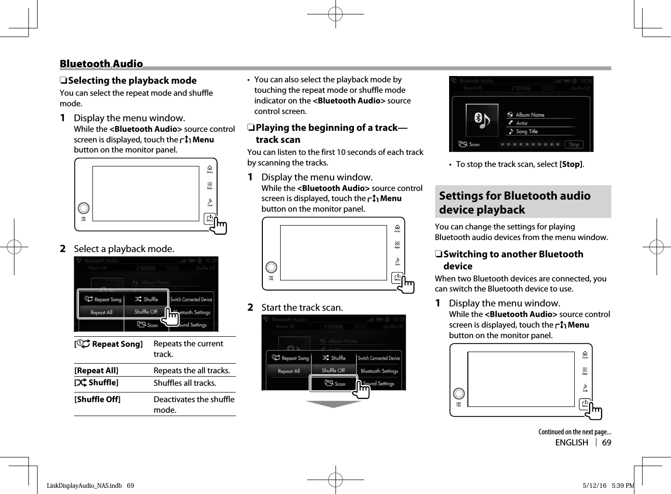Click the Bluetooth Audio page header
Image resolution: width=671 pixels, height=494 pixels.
tap(101, 63)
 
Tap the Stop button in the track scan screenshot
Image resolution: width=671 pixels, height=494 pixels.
tap(574, 144)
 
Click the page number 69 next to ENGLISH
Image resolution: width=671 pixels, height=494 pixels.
tap(606, 443)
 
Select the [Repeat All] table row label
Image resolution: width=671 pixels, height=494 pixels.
tap(96, 370)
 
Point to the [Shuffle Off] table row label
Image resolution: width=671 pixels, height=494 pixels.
tap(97, 399)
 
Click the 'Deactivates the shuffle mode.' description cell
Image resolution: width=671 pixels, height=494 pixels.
tap(194, 404)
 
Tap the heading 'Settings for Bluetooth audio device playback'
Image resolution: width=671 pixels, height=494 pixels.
tap(515, 203)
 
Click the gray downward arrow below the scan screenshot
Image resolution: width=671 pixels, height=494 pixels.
tap(333, 404)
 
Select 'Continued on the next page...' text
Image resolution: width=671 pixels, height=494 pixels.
tap(574, 432)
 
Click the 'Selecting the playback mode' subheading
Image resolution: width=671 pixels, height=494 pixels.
tap(132, 80)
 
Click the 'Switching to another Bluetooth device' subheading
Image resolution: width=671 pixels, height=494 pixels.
tap(513, 260)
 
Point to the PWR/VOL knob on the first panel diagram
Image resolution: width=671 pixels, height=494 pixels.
tap(84, 208)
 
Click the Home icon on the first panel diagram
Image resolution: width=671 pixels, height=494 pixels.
tap(210, 169)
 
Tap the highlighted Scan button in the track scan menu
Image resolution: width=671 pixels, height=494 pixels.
tap(334, 383)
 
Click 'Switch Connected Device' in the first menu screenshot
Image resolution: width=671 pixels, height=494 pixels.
tap(191, 299)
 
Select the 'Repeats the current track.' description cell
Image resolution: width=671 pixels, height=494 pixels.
tap(188, 349)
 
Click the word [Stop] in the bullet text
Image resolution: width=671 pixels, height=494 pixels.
tap(571, 164)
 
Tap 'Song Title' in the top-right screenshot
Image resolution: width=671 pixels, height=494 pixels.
tap(527, 131)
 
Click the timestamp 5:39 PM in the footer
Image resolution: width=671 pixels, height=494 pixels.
tap(623, 485)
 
